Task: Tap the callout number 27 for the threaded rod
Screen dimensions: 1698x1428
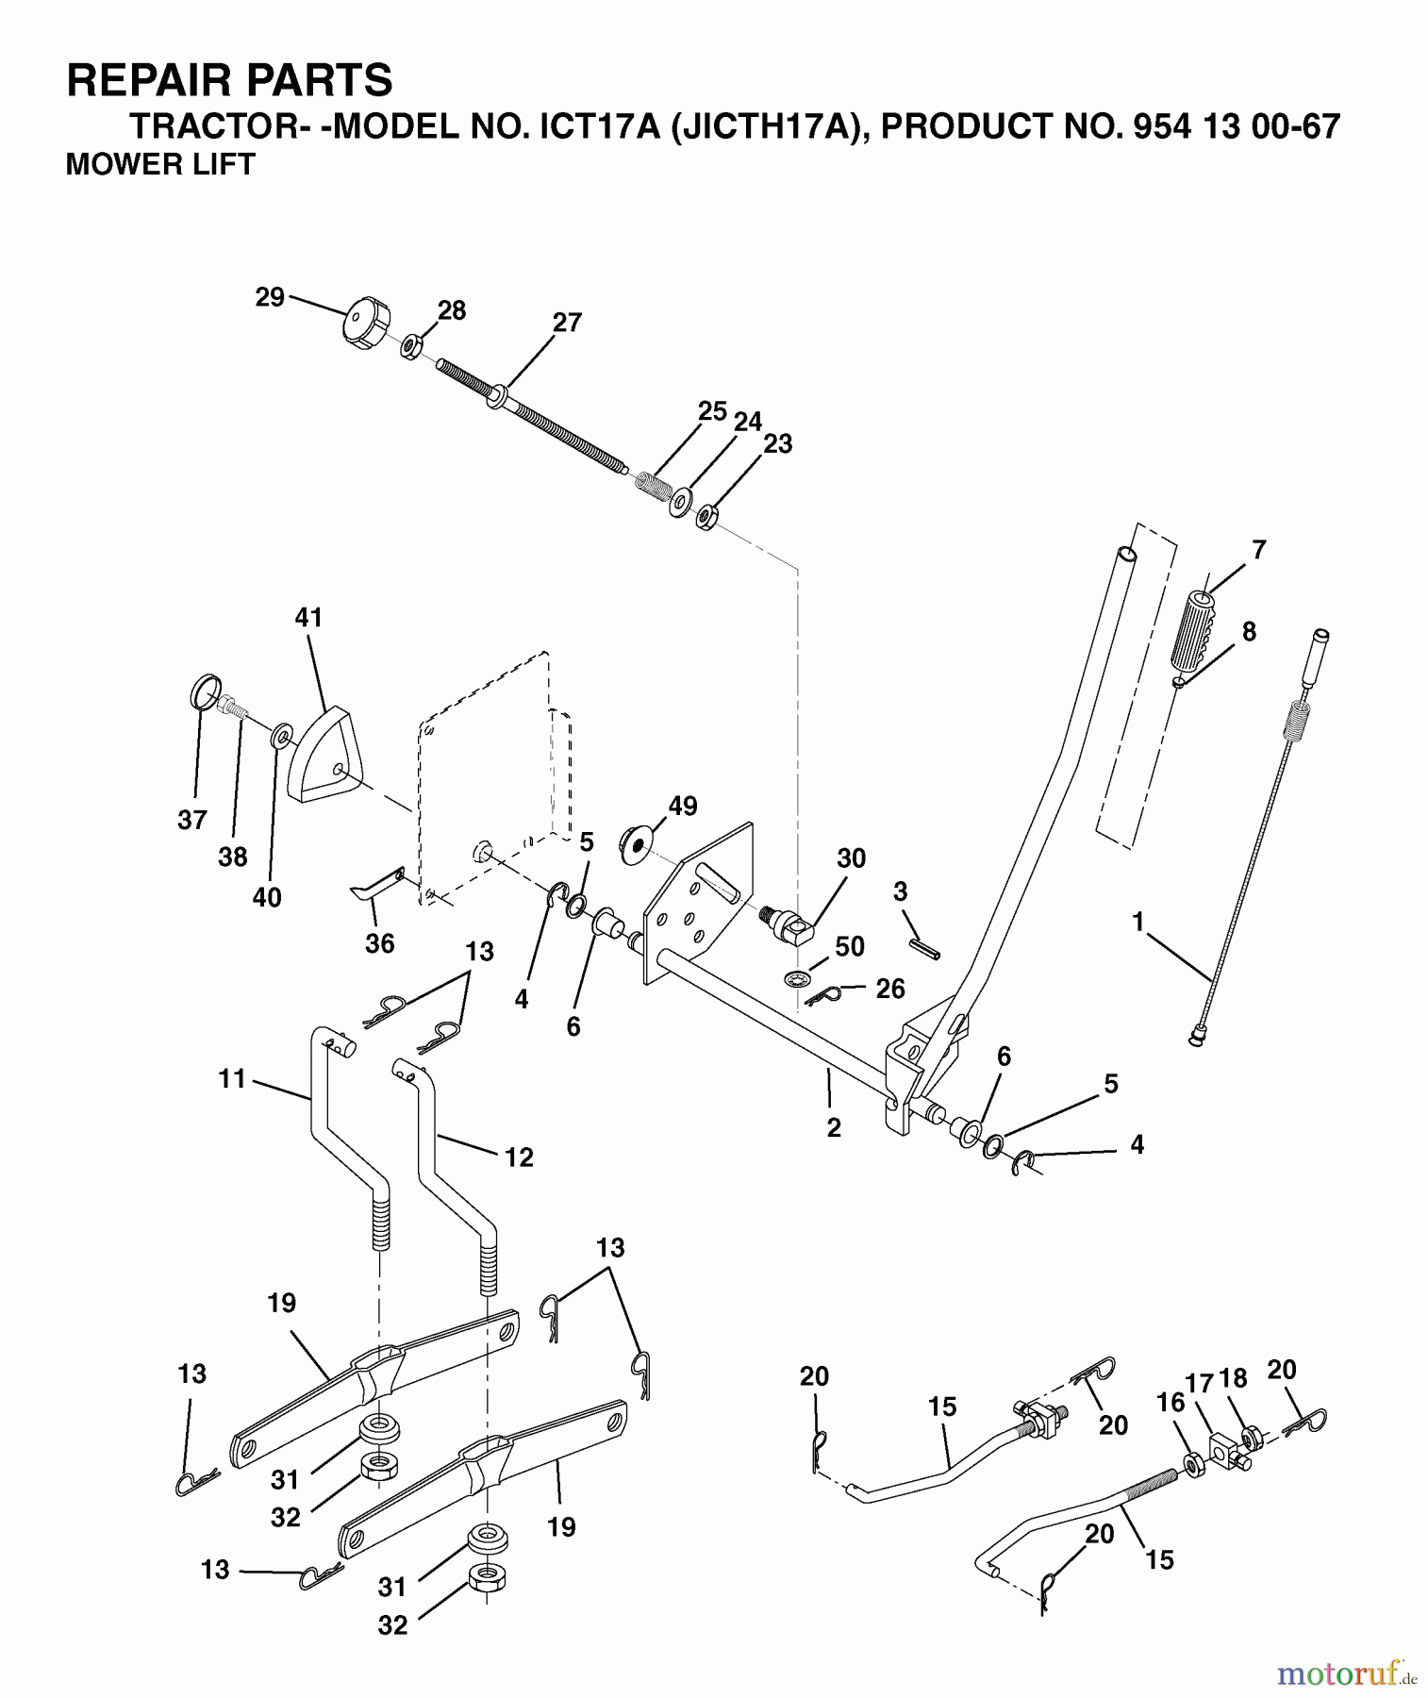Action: [x=567, y=323]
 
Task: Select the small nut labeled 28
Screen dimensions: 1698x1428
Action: [x=410, y=346]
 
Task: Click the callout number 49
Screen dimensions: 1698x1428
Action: [x=682, y=807]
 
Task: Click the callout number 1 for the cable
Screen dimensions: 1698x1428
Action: [x=1138, y=922]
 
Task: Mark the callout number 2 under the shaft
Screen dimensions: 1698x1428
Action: [x=833, y=1127]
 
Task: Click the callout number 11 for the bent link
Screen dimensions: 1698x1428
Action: [x=232, y=1078]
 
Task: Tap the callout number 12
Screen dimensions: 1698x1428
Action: [x=519, y=1157]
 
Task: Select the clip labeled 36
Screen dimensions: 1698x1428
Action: [x=377, y=883]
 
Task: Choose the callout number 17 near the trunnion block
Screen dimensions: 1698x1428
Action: [x=1199, y=1384]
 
